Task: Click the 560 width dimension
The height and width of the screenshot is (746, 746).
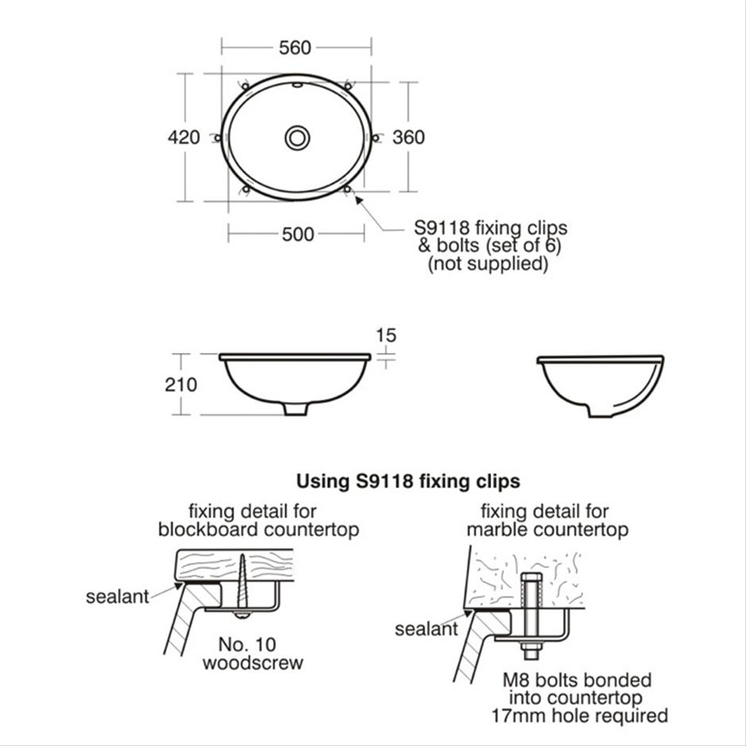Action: tap(295, 48)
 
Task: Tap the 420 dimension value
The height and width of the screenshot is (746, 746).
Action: tap(184, 137)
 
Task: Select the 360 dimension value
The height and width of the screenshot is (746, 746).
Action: tap(409, 137)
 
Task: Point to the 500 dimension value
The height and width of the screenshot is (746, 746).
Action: tap(298, 234)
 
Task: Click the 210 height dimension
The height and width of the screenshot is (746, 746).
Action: tap(181, 385)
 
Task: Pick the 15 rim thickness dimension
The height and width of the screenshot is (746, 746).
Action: tap(386, 336)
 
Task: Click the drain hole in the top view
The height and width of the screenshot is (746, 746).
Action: tap(297, 138)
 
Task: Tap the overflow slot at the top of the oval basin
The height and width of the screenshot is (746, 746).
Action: tap(297, 83)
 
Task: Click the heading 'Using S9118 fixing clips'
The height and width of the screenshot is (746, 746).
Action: tap(408, 481)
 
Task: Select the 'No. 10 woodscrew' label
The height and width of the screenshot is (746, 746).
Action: tap(252, 652)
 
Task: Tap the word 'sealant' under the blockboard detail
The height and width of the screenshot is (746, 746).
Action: tap(117, 597)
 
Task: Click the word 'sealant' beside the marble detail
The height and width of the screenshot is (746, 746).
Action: tap(426, 629)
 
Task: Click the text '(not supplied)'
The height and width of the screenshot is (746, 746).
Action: tap(488, 264)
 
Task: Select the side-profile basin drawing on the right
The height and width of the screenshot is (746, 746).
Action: tap(601, 386)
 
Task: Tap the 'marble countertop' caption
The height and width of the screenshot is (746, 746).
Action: tap(547, 529)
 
